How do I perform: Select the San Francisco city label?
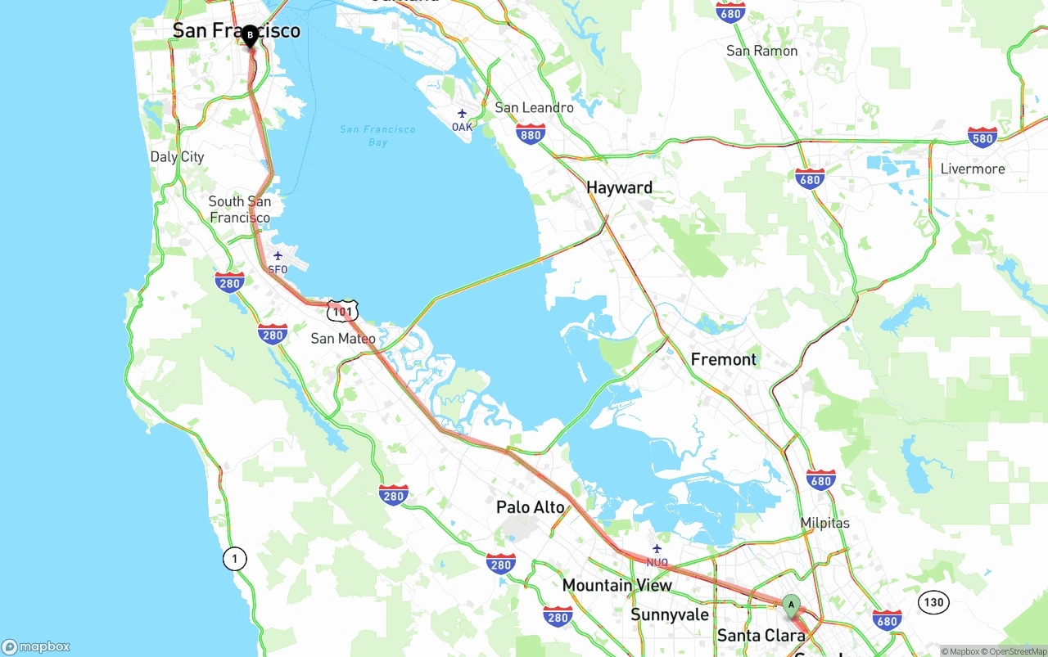pos(236,31)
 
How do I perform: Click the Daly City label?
pos(177,157)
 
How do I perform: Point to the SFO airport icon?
pos(278,256)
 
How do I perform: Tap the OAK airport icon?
pos(462,114)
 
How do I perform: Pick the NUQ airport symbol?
pos(657,549)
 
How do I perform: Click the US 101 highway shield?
pos(341,311)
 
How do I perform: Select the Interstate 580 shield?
pos(982,137)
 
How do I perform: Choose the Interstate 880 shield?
pos(531,135)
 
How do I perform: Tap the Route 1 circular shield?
pos(234,560)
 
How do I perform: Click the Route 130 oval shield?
pos(933,603)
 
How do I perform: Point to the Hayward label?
pos(619,187)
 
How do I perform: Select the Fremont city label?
pos(723,359)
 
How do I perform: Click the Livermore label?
pos(972,169)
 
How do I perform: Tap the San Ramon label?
pos(761,51)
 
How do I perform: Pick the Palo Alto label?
pos(530,507)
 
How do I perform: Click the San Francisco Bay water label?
pos(377,136)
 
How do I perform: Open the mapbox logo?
pos(36,646)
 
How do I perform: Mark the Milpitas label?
pos(824,523)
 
